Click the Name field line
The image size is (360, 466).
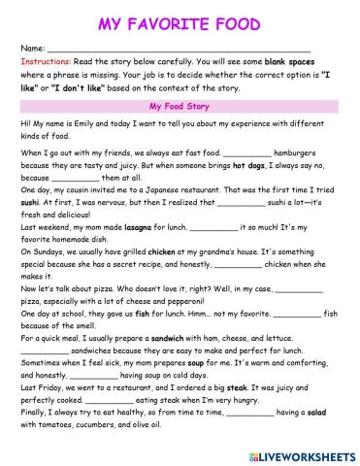pos(179,49)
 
